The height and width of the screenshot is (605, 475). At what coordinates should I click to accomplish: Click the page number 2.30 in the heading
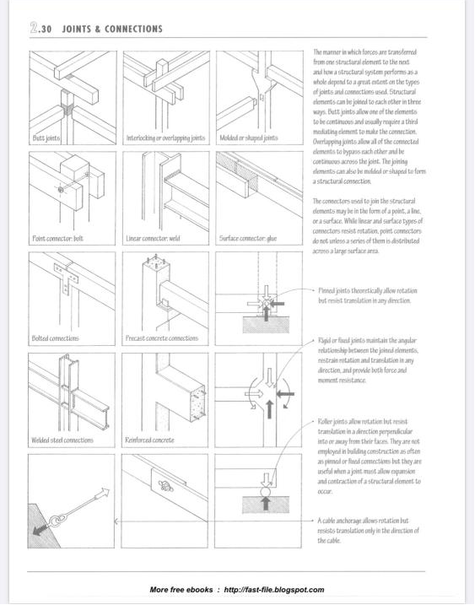coord(40,28)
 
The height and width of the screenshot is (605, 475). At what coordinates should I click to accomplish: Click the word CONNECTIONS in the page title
coord(133,29)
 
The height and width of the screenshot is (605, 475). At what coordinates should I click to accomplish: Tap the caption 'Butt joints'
coord(46,138)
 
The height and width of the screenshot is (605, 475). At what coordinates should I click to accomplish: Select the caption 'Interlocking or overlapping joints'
coord(165,138)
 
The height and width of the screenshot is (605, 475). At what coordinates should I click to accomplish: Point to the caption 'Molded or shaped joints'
coord(249,138)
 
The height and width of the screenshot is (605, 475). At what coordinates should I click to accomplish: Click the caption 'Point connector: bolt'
coord(57,239)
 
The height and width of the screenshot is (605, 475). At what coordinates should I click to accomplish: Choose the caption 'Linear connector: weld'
coord(153,239)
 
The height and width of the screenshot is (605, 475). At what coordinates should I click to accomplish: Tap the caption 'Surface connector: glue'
coord(248,239)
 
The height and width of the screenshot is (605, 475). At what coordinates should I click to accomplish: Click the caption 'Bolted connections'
coord(55,338)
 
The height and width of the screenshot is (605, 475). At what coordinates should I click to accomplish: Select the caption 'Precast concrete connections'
coord(162,338)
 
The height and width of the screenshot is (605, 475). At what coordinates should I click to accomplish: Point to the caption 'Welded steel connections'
coord(62,440)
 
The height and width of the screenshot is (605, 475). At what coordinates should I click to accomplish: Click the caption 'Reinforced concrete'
coord(149,440)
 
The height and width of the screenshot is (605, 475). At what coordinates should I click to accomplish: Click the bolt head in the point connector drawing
coord(61,190)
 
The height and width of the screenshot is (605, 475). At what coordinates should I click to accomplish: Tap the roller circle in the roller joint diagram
coord(266,492)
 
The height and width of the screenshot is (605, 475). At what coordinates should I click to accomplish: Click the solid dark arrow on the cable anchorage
coord(40,528)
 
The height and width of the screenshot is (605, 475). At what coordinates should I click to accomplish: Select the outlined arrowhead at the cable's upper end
coord(104,492)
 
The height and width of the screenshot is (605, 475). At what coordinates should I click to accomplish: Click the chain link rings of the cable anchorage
coord(56,519)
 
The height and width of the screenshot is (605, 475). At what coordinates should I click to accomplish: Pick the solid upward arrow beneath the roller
coord(266,503)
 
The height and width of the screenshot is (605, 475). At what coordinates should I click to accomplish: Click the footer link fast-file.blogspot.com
coord(274,590)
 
